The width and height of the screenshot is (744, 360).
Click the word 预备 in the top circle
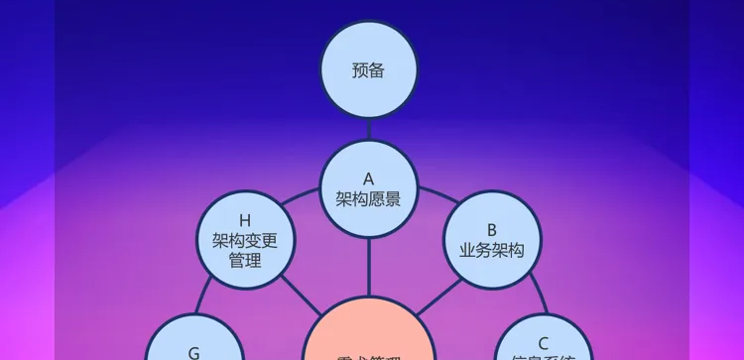(368, 70)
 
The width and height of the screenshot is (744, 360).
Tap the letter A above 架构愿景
(368, 180)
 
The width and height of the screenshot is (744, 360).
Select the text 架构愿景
(368, 199)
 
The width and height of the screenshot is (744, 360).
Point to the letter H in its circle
(245, 220)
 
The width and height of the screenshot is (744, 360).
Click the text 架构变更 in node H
(245, 240)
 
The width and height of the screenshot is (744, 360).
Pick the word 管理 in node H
(245, 261)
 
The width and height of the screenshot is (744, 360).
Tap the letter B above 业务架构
(491, 230)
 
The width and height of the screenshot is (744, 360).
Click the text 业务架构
(491, 250)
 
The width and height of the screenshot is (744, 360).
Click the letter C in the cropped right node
(543, 343)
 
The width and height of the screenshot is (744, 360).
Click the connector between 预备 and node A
(368, 130)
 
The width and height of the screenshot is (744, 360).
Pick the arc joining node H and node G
(205, 298)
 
